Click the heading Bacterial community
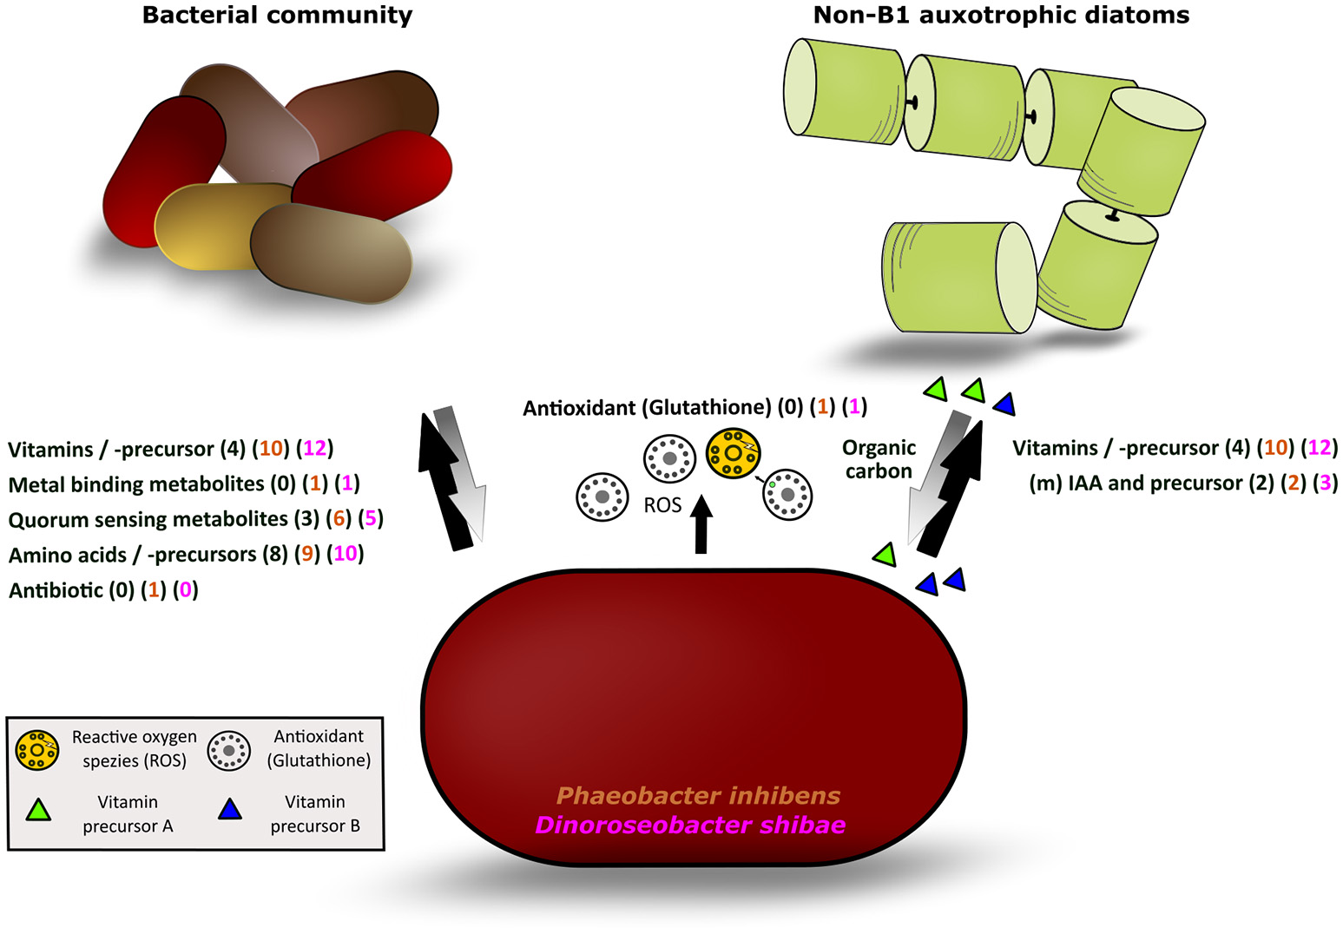[x=277, y=15]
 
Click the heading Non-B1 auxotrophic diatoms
[x=1001, y=15]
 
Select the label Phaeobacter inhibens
[x=698, y=795]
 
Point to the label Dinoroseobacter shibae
[x=690, y=825]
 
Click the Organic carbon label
[x=879, y=459]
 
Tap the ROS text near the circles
[x=662, y=505]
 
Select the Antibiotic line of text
[x=103, y=590]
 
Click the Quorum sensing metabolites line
[x=195, y=519]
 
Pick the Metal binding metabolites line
[x=183, y=483]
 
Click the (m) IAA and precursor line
[x=1182, y=483]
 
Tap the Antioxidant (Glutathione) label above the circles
[x=695, y=407]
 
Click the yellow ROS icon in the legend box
[x=37, y=749]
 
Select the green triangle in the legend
[x=38, y=811]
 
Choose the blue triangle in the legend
[x=230, y=810]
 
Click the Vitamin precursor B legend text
[x=315, y=813]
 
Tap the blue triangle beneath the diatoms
[x=1004, y=404]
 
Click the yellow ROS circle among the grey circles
[x=734, y=453]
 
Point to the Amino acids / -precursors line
[x=186, y=554]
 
